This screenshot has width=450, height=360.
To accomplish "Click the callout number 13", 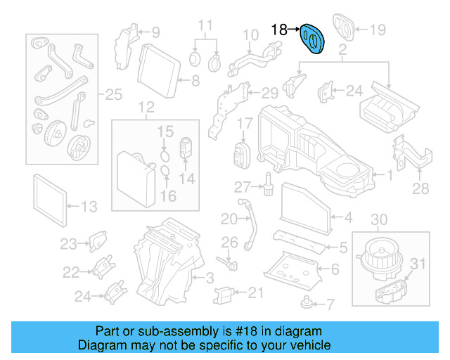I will click(89, 206).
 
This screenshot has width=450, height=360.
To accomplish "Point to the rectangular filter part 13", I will click(51, 198).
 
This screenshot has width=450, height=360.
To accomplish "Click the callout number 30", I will click(378, 220).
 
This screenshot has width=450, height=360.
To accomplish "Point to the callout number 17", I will click(243, 124).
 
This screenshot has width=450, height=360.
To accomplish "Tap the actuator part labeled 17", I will click(243, 153).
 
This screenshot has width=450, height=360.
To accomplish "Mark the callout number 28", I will click(420, 188).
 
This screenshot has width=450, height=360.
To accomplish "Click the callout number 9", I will click(155, 32).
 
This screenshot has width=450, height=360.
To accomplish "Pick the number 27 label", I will click(243, 186).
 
